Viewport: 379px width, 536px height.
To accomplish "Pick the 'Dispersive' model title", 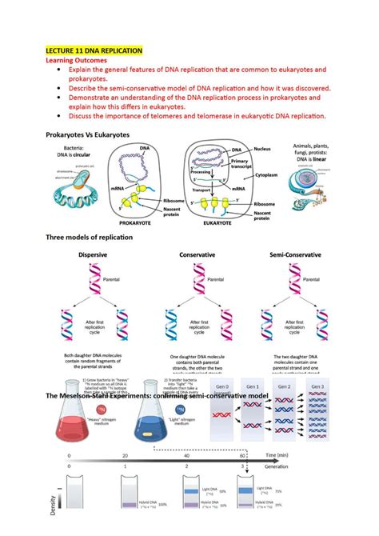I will click(x=93, y=255).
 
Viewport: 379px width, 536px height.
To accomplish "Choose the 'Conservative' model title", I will click(x=188, y=255).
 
